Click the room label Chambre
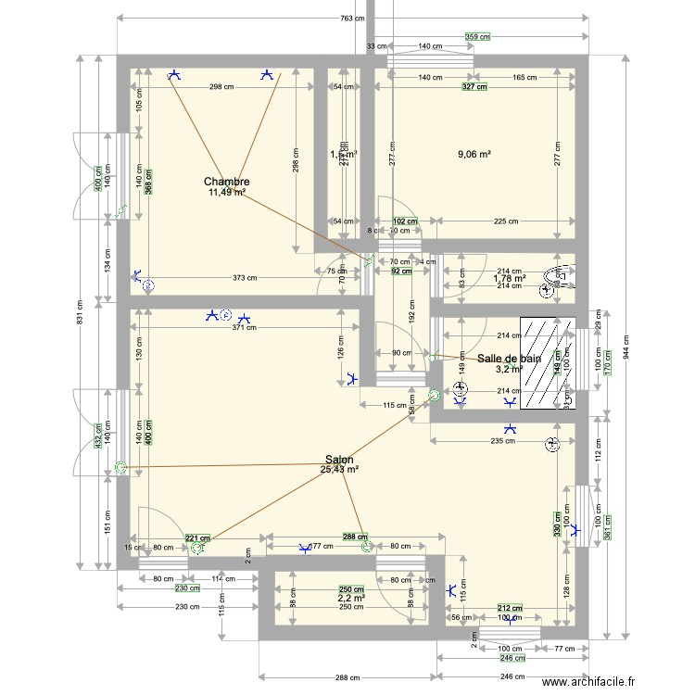pos(227,182)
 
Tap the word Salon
pos(338,459)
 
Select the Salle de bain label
pos(509,358)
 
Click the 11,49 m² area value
pos(227,193)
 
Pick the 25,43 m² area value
pos(339,470)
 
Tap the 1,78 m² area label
pos(509,277)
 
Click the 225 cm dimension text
pos(505,221)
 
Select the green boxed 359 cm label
pos(476,38)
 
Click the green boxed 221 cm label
pos(197,537)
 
